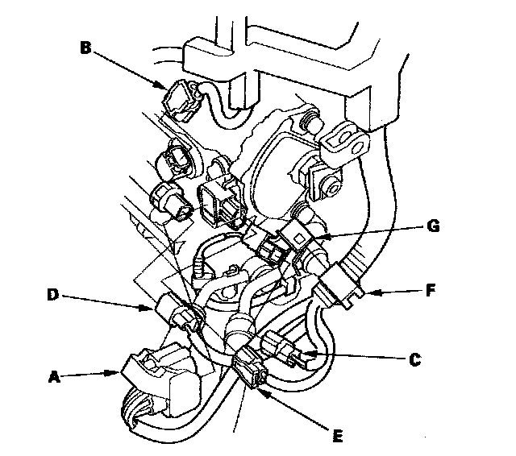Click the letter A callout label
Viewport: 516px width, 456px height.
(54, 377)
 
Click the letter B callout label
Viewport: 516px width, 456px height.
(85, 48)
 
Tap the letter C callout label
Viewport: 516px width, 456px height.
(415, 359)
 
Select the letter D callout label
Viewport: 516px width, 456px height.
(52, 295)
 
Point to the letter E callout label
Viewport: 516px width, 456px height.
(338, 436)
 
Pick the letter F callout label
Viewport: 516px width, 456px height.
(431, 291)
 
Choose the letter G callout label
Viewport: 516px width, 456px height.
(433, 226)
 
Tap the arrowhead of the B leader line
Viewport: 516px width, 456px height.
(161, 86)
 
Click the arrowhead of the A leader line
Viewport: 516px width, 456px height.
(114, 373)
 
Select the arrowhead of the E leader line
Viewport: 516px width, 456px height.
(261, 392)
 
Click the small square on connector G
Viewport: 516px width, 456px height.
(299, 238)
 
